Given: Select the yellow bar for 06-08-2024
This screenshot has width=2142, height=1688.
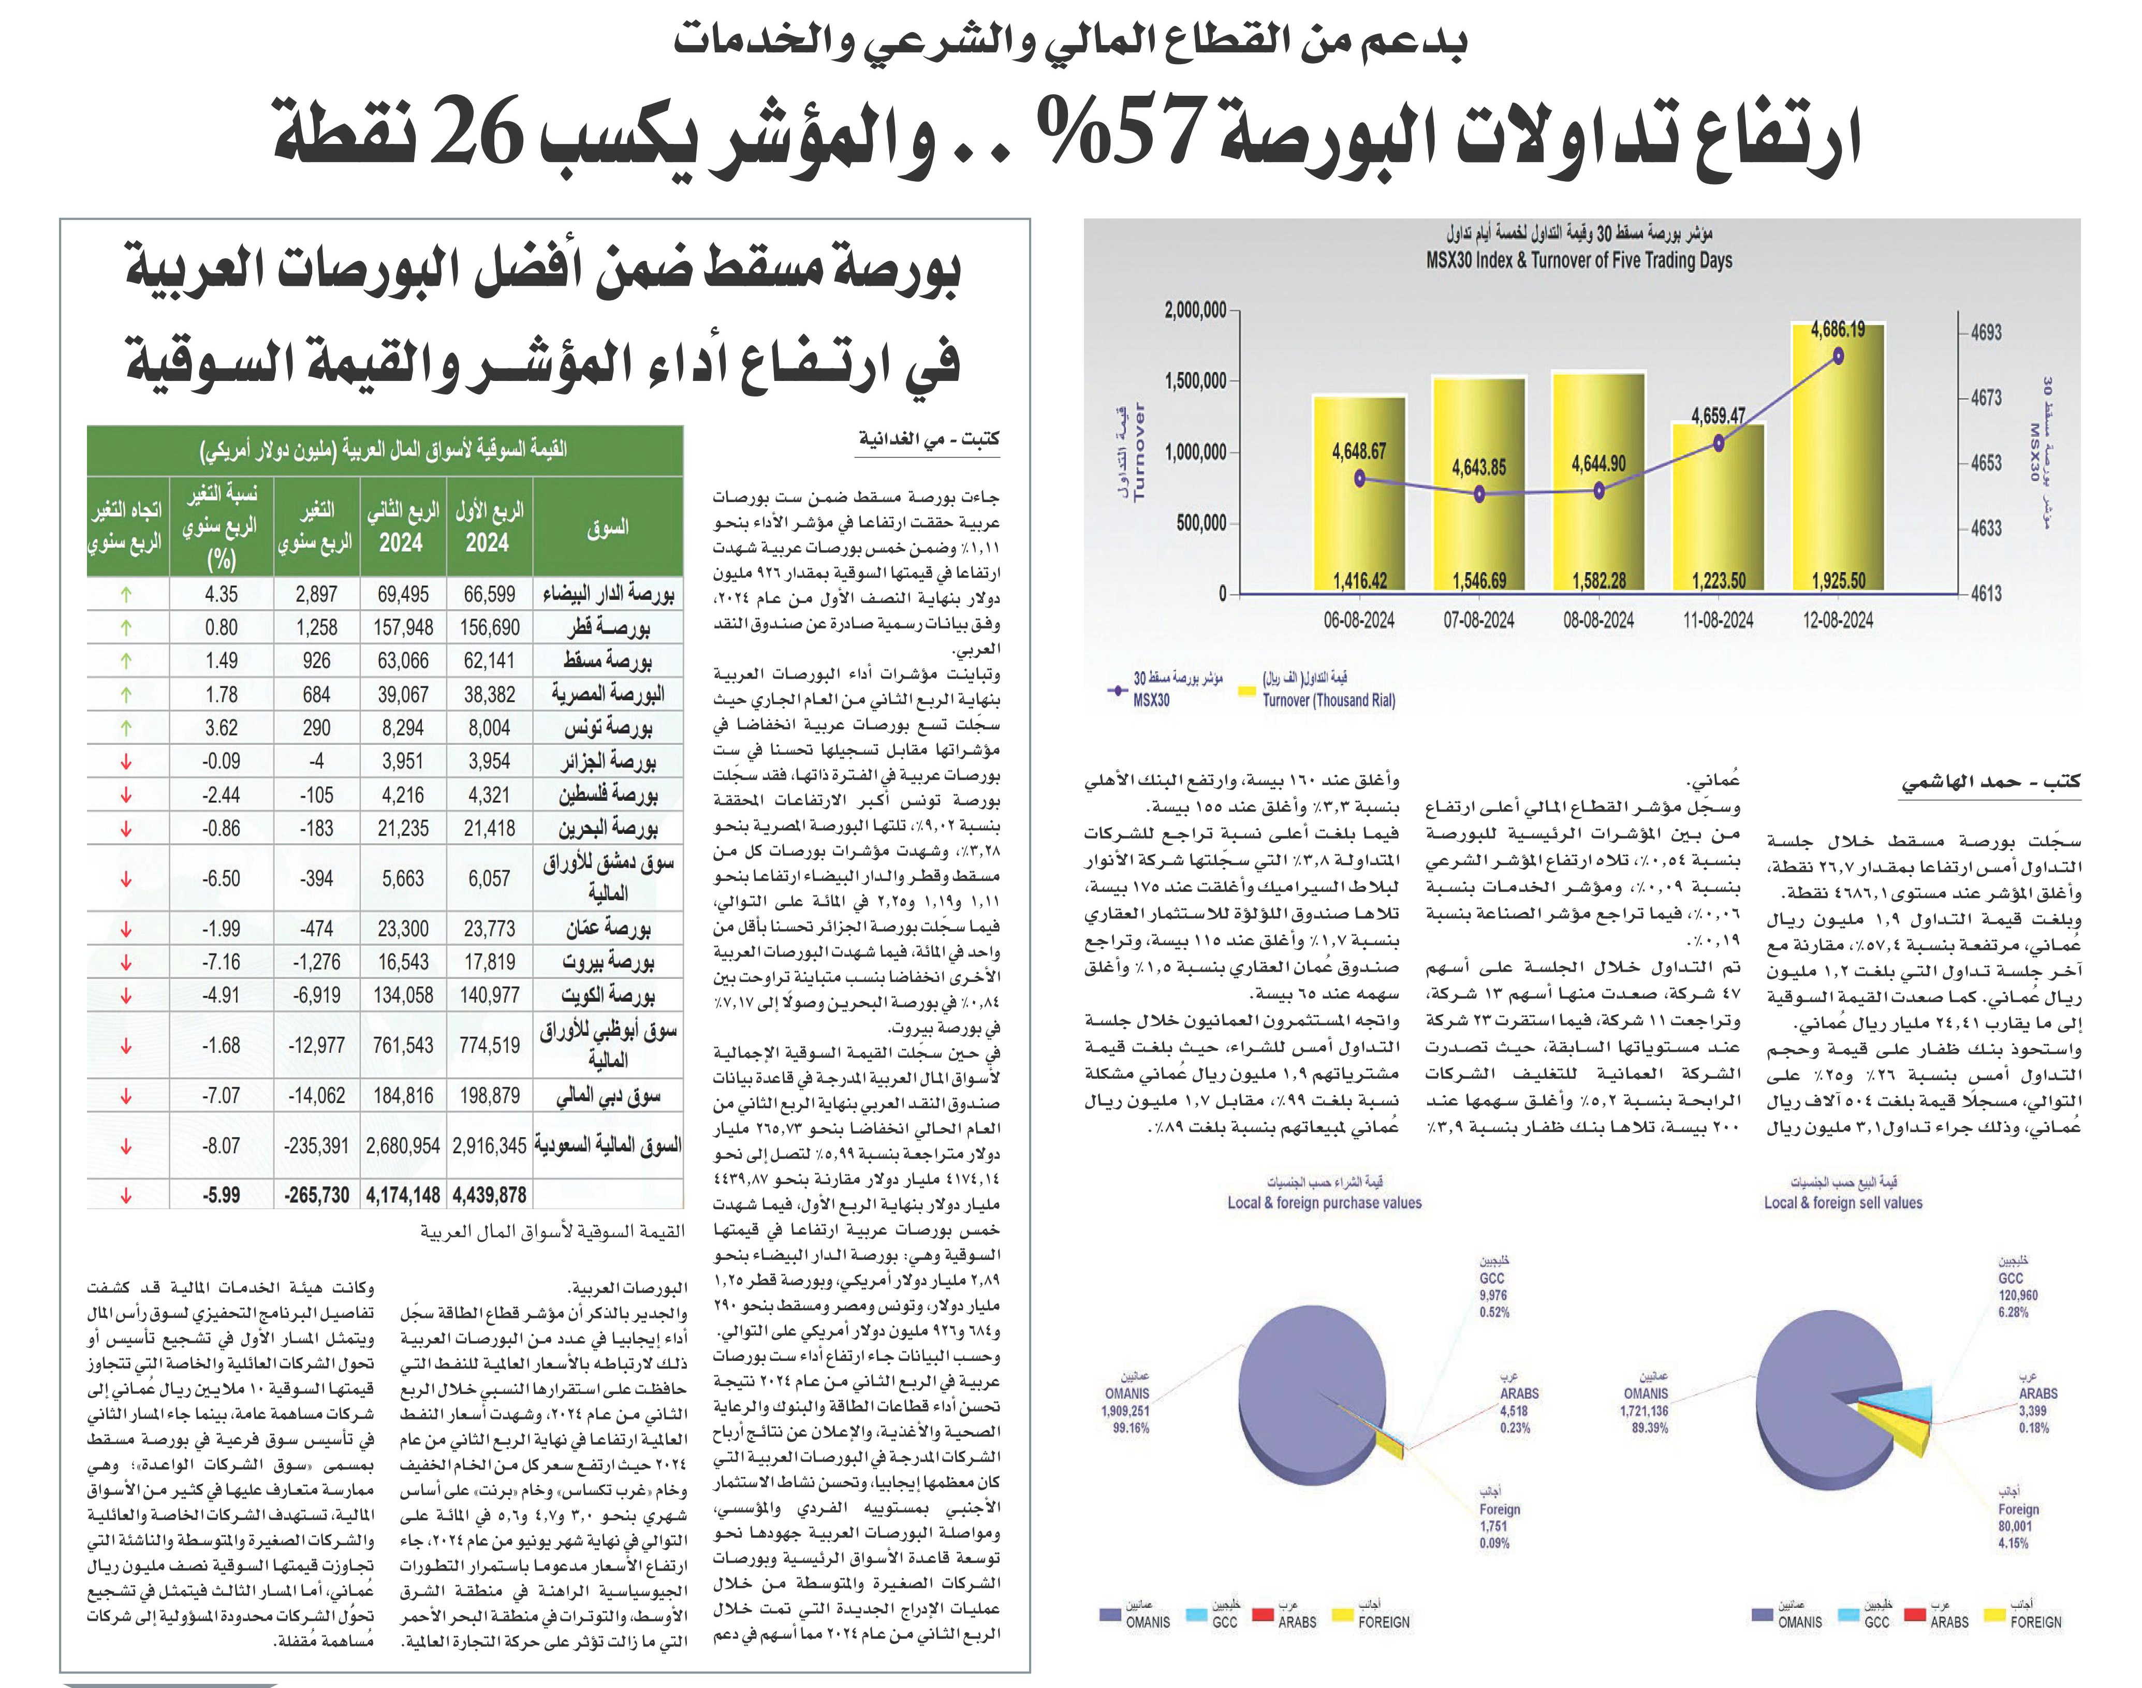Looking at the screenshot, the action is click(x=1359, y=494).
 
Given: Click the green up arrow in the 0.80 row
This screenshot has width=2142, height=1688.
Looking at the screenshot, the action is click(x=126, y=627).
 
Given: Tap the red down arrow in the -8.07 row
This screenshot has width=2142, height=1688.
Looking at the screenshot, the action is click(x=126, y=1147).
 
